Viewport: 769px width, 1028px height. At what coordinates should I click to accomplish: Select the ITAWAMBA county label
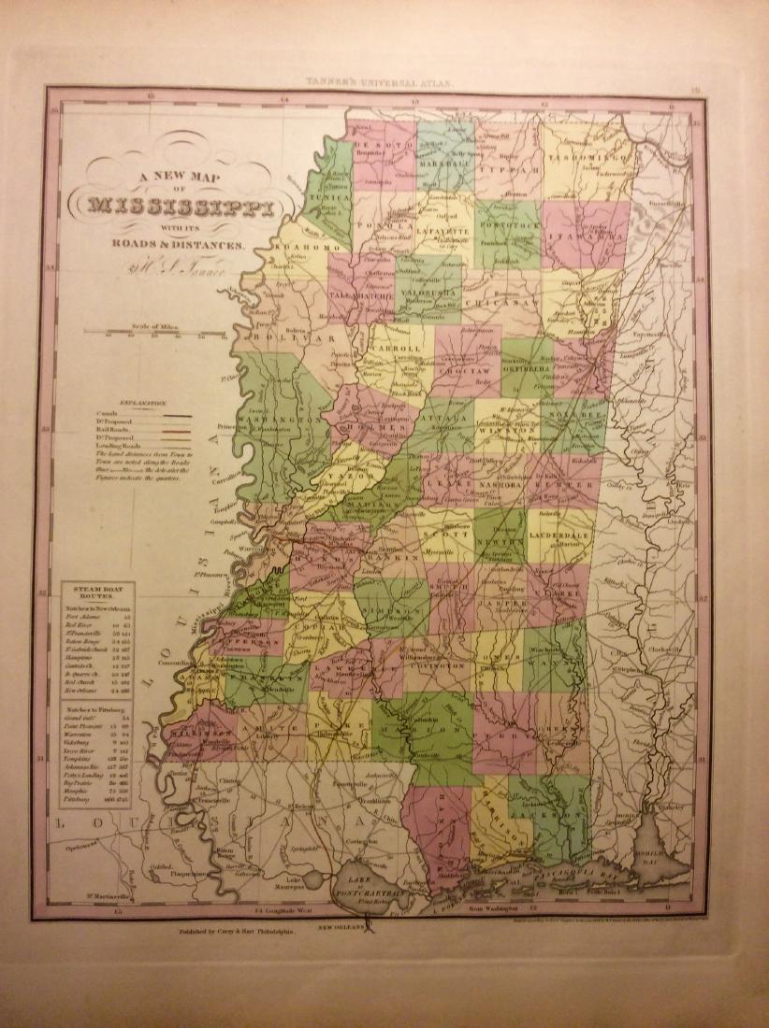point(584,236)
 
